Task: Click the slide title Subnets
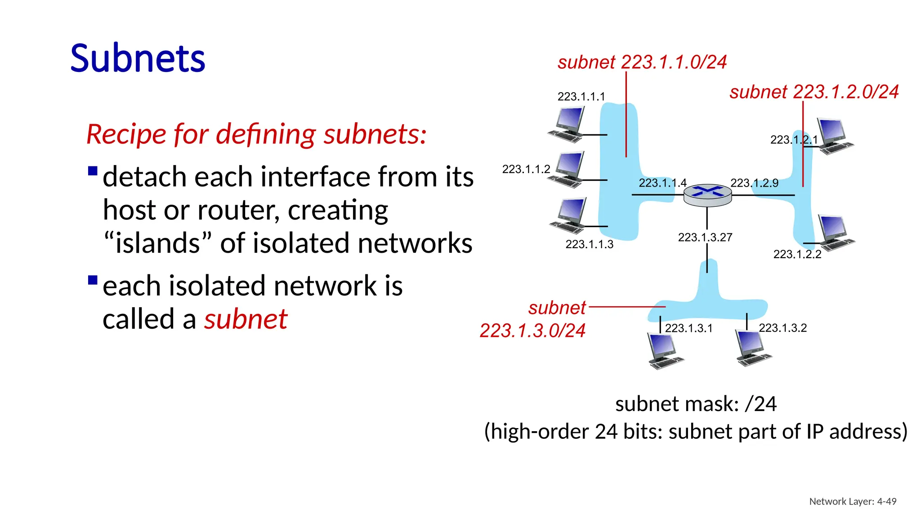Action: click(138, 58)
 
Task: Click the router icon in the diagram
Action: click(707, 195)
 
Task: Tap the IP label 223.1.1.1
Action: click(581, 97)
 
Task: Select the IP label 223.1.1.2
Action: click(526, 170)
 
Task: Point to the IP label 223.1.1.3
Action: click(589, 245)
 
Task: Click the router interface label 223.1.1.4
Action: click(662, 183)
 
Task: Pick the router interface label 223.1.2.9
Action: click(754, 183)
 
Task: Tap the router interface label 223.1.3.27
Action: click(705, 237)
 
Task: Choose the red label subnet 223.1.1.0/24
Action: click(642, 62)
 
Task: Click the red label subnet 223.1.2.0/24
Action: click(814, 92)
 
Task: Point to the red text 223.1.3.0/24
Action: click(532, 331)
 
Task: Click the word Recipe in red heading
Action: click(126, 134)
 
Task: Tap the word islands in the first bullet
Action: click(157, 244)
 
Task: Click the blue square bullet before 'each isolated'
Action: click(93, 281)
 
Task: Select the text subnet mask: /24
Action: click(695, 404)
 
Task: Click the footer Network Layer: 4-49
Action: click(852, 501)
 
